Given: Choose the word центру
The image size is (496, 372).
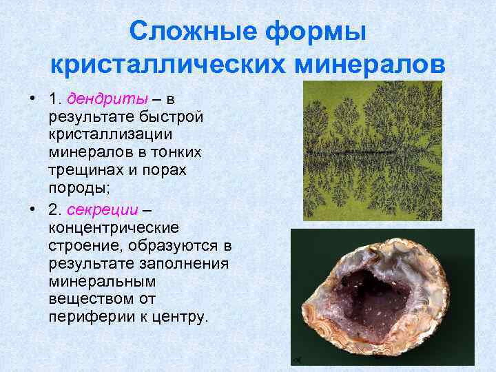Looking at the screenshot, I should pos(182,318).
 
